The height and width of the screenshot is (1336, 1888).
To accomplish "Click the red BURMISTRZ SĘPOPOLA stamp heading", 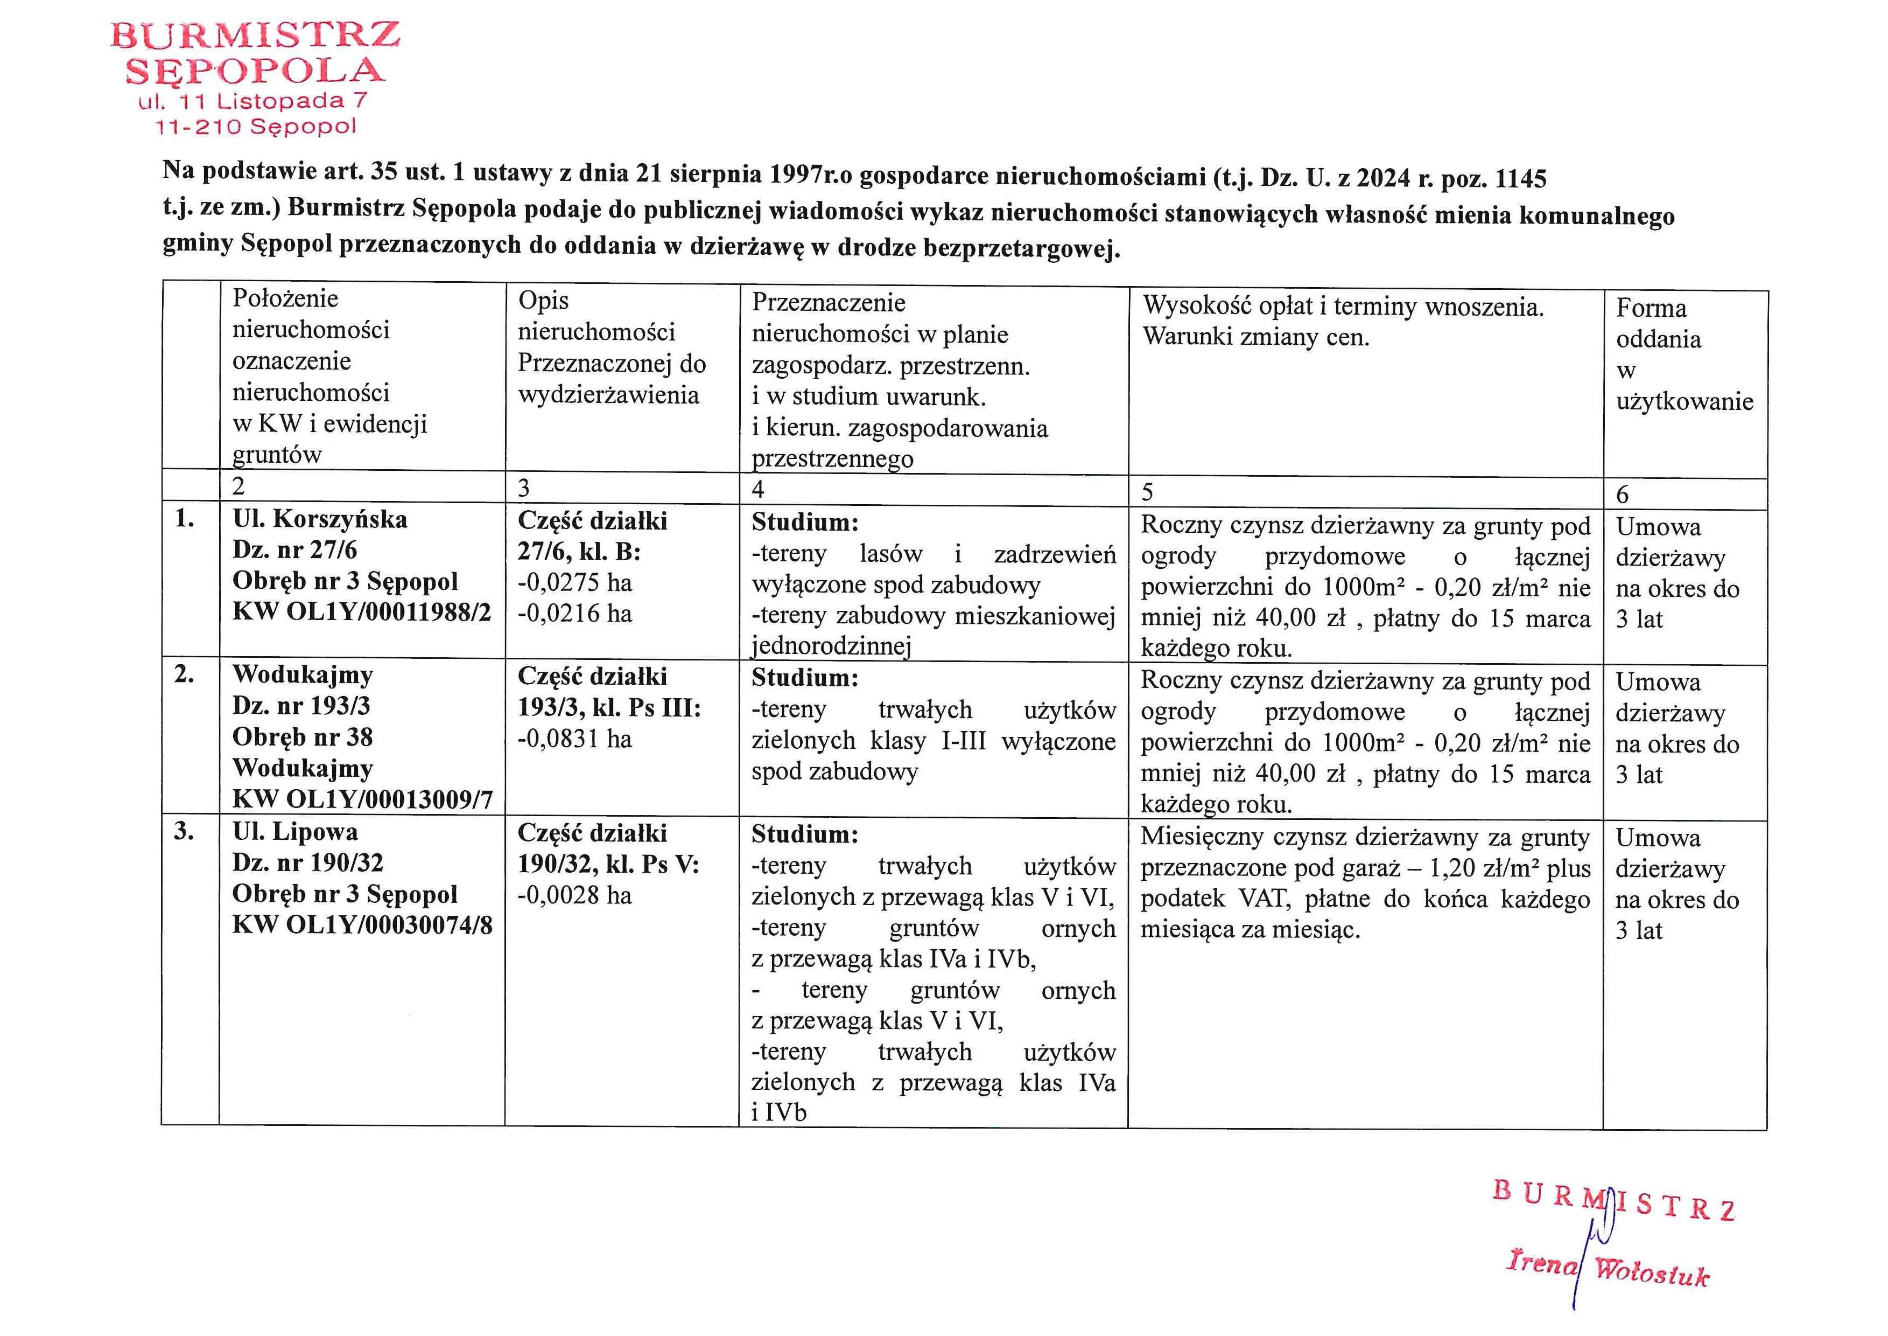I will point(255,53).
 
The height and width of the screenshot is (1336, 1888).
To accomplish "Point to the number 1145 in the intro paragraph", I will point(1520,178).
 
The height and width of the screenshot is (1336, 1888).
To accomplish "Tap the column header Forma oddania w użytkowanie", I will point(1683,354).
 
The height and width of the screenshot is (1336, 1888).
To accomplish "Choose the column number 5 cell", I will point(1147,492).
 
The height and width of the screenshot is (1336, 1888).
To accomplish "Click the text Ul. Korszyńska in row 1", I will point(320,519).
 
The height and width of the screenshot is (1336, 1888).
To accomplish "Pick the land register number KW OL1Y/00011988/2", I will point(361,612).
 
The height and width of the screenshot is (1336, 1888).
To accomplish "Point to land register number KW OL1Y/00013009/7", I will point(362,799).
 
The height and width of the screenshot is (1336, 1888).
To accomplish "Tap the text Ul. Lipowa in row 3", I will point(295,832).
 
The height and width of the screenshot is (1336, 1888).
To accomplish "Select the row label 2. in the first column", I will point(184,674).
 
